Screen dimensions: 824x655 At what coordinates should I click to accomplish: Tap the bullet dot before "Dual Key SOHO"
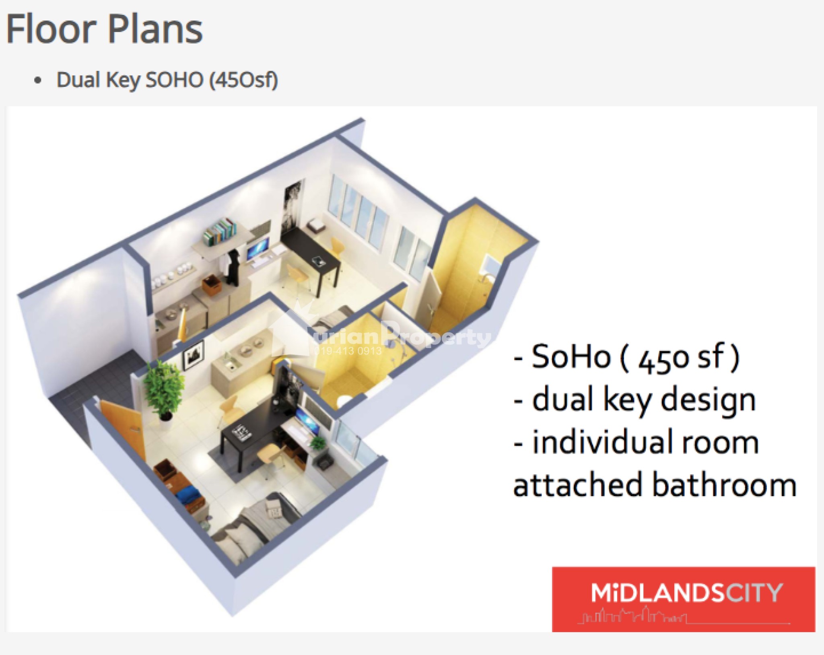tap(38, 80)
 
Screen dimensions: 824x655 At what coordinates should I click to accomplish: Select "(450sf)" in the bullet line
tap(244, 80)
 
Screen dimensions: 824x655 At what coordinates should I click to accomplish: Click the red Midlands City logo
tap(684, 599)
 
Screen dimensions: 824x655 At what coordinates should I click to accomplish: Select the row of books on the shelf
tap(219, 231)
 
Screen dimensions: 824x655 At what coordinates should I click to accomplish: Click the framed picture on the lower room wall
tap(193, 354)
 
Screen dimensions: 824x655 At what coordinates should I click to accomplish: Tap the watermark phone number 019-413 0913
tap(347, 351)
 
